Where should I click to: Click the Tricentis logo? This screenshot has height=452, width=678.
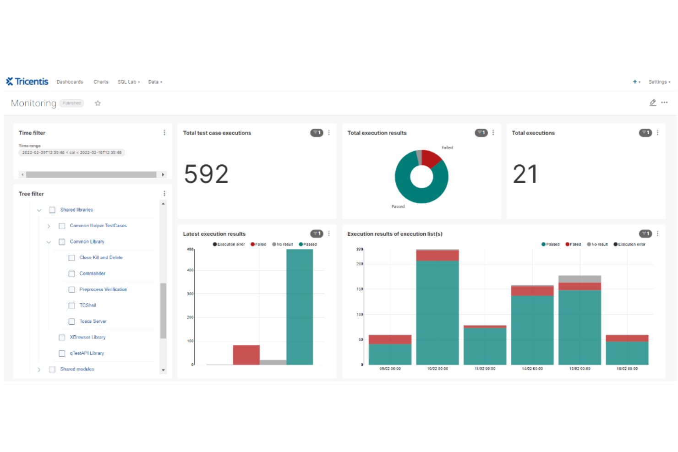(x=27, y=82)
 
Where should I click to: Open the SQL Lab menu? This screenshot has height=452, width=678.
(x=128, y=82)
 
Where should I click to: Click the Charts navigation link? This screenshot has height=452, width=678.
(x=101, y=82)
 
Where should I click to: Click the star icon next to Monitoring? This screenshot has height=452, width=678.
(x=98, y=103)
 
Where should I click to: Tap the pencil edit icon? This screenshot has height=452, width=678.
(x=653, y=103)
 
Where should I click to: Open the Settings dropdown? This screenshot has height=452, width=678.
(x=659, y=82)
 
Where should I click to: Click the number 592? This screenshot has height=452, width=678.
(x=206, y=174)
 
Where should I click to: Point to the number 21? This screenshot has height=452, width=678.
(x=525, y=174)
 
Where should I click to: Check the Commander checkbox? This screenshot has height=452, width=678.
(x=71, y=274)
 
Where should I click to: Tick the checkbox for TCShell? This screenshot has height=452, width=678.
(x=71, y=305)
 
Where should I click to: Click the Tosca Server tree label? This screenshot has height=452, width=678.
(x=93, y=321)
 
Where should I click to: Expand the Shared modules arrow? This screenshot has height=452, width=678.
(x=39, y=370)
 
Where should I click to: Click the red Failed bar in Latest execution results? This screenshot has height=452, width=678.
(x=246, y=355)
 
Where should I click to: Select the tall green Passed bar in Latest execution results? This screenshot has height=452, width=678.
(x=300, y=307)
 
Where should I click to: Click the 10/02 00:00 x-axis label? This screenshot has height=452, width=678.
(x=437, y=369)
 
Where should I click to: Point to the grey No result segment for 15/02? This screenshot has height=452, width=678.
(x=580, y=279)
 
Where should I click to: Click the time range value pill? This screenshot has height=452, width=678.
(x=72, y=152)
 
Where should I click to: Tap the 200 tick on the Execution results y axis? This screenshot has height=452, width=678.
(x=360, y=264)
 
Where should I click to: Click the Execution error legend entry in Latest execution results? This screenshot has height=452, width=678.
(x=229, y=245)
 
